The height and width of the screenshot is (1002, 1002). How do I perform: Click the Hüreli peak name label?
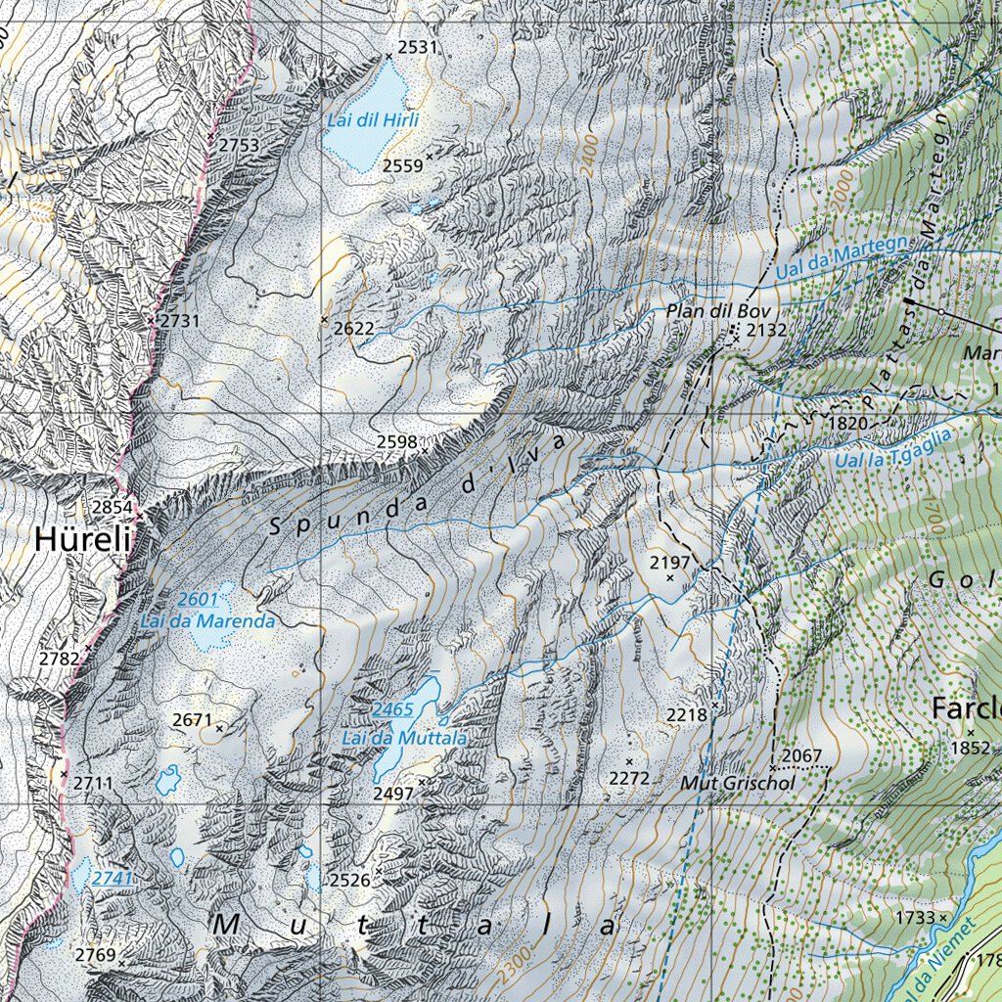(83, 539)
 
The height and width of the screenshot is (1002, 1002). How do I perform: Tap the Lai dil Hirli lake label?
(374, 120)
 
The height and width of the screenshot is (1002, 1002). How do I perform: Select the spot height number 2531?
(418, 47)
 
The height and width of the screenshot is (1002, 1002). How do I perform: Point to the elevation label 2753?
(238, 145)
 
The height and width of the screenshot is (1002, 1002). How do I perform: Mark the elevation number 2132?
(766, 330)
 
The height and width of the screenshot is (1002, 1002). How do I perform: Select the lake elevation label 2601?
(199, 599)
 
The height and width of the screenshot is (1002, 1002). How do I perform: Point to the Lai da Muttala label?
(404, 737)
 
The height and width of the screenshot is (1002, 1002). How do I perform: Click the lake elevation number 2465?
(393, 709)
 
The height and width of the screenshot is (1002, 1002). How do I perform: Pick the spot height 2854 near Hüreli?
(112, 507)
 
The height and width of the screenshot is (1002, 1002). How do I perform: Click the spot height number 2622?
(353, 329)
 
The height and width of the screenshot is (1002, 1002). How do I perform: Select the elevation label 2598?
(397, 442)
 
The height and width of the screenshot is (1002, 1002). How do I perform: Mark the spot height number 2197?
(670, 562)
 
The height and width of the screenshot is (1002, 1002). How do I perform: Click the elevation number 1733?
(914, 917)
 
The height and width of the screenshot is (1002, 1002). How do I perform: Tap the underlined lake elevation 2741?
(113, 879)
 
